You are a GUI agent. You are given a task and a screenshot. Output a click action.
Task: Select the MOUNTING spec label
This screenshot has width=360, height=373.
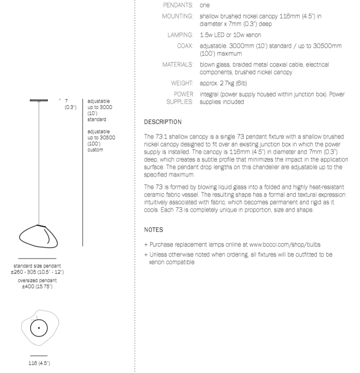pos(178,16)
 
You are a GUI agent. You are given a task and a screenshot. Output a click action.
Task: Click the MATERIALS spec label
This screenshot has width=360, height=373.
pos(178,64)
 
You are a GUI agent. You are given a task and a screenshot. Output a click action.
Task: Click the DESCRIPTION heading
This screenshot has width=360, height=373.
pos(163,122)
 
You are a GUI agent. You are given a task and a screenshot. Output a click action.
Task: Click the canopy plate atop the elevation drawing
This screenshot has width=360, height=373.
pos(40,101)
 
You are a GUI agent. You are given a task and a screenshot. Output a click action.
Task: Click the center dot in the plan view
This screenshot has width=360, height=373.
pos(39,327)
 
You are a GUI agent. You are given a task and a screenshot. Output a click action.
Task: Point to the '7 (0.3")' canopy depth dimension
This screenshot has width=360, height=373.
pos(69,104)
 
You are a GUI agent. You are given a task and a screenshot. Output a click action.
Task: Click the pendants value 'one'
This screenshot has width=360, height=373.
pos(204,6)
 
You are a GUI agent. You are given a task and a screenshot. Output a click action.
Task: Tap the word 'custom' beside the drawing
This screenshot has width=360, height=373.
pos(95,150)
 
